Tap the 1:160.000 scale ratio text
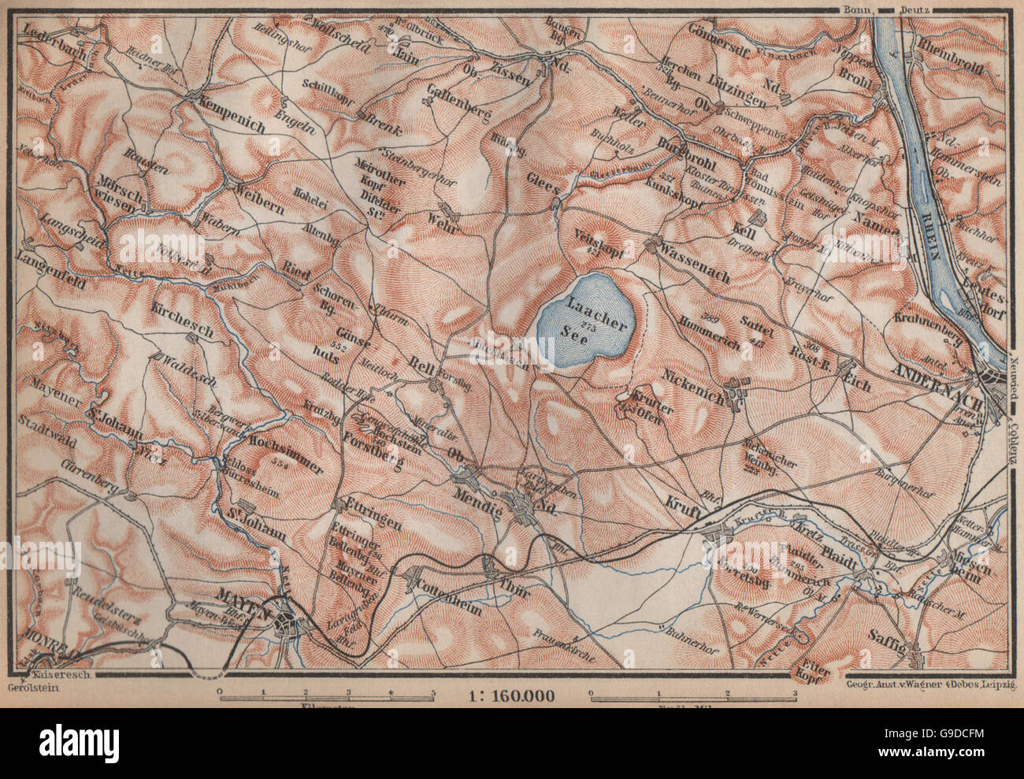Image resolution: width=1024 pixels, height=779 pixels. pyautogui.click(x=510, y=696)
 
